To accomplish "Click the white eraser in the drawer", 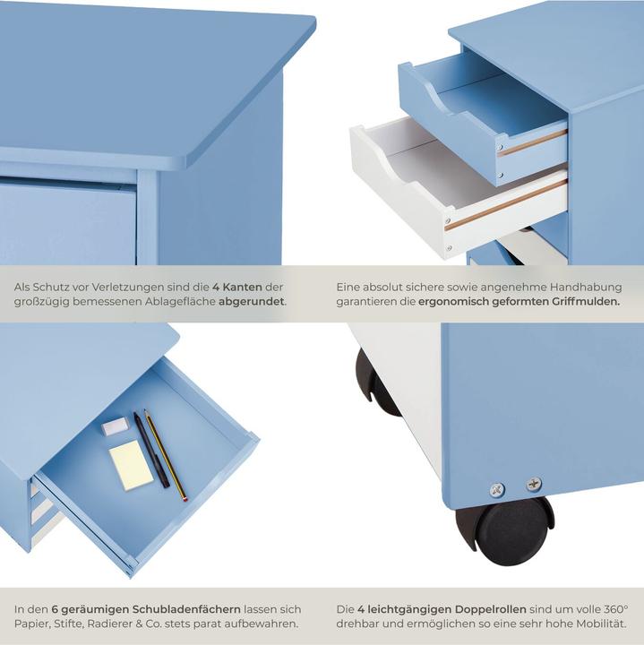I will pos(116,426).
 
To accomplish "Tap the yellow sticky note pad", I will pos(132,465).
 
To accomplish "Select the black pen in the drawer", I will pos(151,450).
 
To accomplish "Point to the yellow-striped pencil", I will pos(166,454).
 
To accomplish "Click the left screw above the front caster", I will pos(497,490).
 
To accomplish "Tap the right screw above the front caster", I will pos(534,485).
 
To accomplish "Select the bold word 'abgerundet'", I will pos(252,302).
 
